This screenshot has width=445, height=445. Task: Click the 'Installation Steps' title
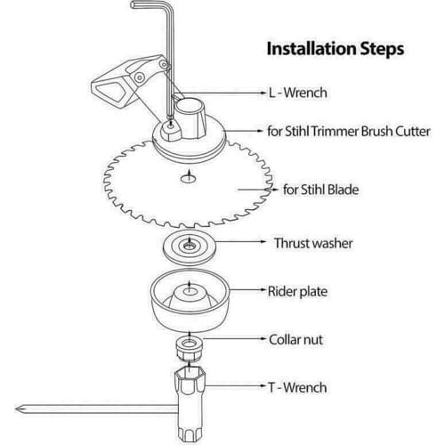click(335, 47)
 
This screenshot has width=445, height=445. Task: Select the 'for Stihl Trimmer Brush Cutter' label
click(349, 132)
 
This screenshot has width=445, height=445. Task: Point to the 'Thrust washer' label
click(313, 242)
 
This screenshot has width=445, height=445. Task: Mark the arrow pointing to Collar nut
click(240, 340)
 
